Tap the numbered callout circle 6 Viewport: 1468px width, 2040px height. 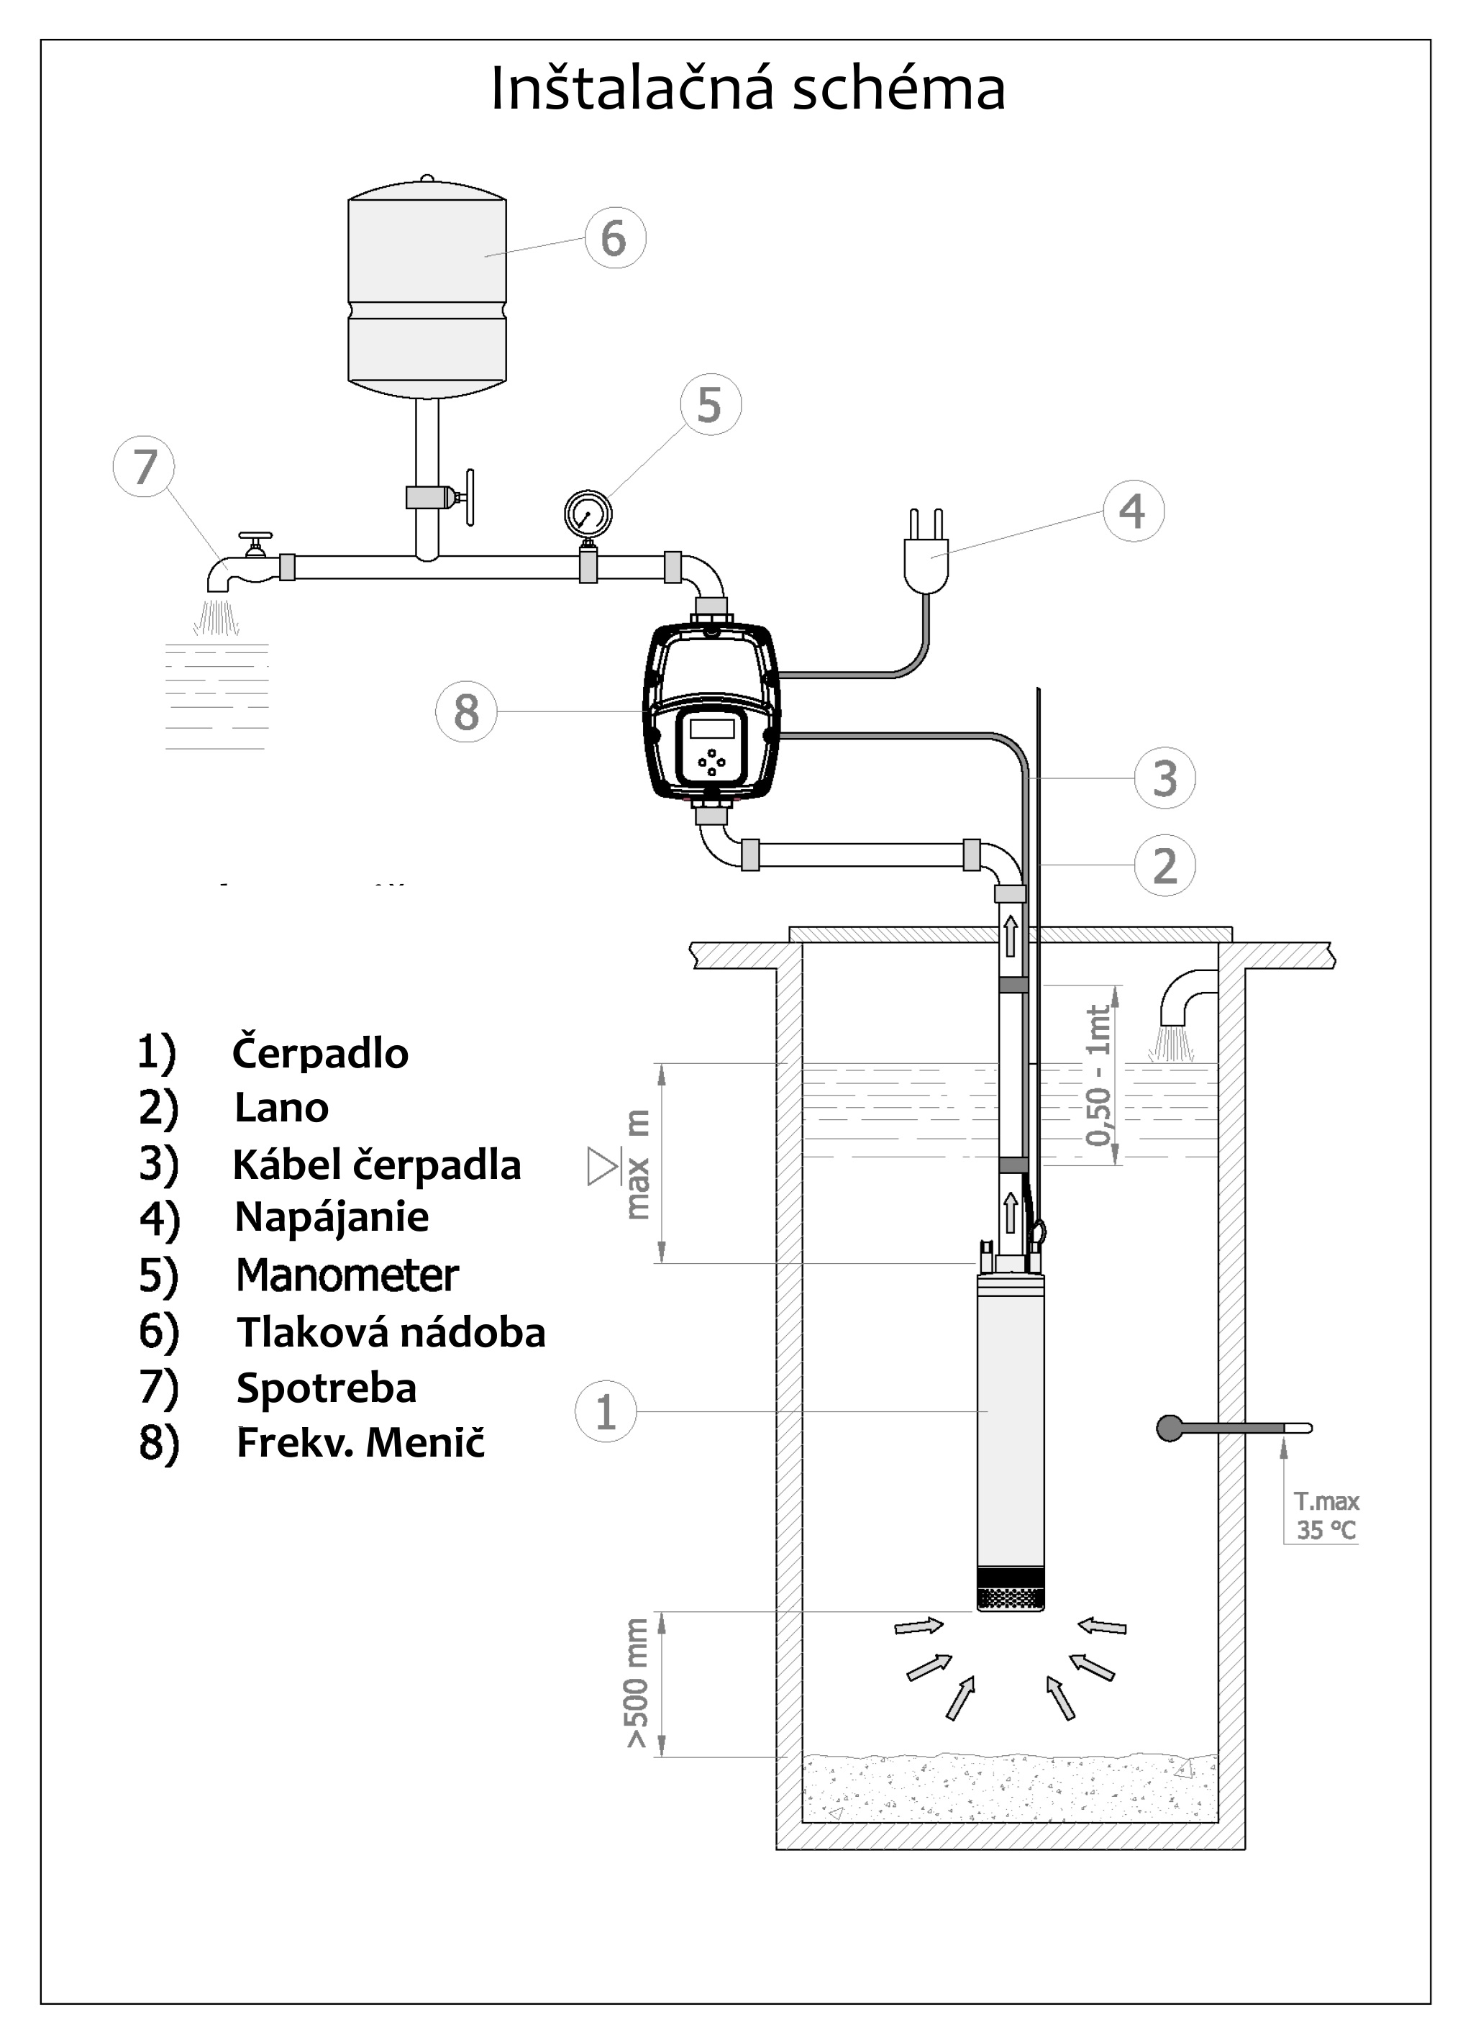615,237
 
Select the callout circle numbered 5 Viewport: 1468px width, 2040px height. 711,405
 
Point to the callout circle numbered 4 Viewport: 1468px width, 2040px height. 1134,511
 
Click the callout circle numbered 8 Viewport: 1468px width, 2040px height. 466,711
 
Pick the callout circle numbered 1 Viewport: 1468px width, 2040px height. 606,1411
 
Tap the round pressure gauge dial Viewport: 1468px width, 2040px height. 588,514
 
